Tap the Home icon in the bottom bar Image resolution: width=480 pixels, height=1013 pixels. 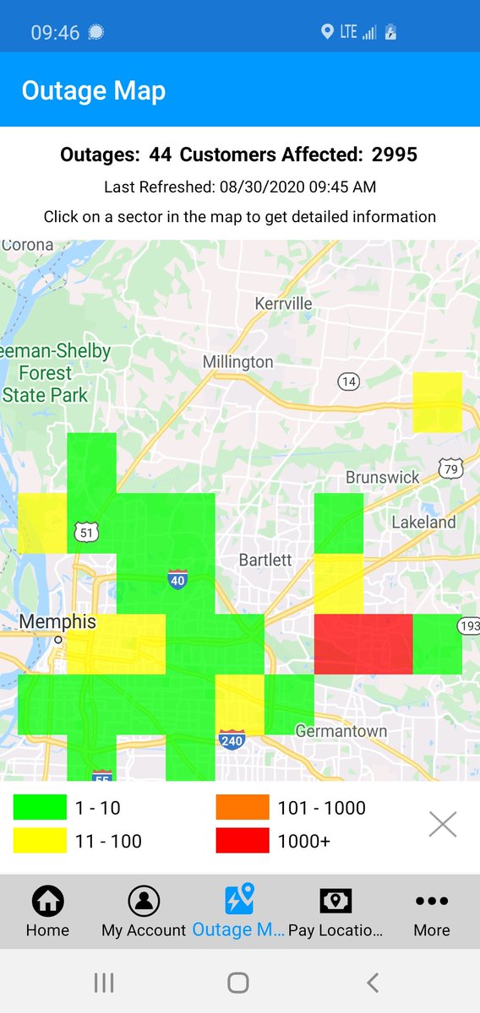pos(47,902)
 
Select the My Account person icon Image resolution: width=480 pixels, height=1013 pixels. pos(144,902)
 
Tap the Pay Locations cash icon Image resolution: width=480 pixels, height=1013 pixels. pos(335,902)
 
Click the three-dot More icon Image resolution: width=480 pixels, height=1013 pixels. pos(432,902)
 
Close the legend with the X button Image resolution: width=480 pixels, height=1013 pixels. pos(443,824)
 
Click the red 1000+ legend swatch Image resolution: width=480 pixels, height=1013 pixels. pos(243,841)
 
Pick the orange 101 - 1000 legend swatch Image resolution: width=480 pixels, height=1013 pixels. pos(243,808)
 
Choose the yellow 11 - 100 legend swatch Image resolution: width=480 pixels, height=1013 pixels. pos(40,841)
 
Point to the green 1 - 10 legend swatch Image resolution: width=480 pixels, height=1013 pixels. pos(40,808)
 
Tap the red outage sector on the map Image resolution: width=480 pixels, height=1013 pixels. pos(363,643)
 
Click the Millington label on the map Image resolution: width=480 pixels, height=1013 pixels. pos(237,362)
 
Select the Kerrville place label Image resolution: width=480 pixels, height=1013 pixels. pos(283,303)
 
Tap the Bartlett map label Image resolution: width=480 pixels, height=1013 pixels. pos(265,560)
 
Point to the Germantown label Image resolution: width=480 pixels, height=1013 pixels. pos(341,731)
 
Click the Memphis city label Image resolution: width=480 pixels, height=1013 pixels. pos(57,622)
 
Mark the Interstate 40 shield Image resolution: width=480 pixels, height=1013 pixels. pos(177,579)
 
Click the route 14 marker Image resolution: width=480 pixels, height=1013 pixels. pos(348,382)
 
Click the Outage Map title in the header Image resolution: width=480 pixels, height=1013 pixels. pos(94,91)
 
